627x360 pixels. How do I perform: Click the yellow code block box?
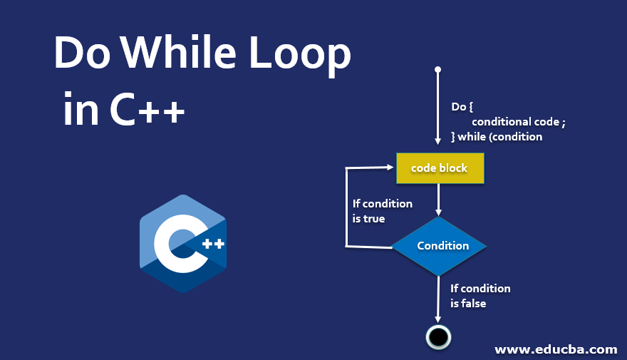click(440, 168)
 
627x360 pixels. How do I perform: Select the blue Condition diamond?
click(440, 245)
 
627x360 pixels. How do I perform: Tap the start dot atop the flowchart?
click(438, 70)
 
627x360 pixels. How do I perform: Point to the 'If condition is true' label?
click(382, 211)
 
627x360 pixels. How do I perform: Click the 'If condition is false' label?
click(480, 295)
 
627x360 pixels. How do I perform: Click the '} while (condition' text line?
click(497, 136)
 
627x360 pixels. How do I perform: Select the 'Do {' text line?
click(462, 107)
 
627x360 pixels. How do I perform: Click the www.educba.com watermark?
click(556, 349)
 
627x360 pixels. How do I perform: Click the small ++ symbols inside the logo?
click(213, 244)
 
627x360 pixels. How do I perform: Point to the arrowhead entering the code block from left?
click(390, 168)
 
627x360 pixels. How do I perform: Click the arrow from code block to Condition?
click(439, 200)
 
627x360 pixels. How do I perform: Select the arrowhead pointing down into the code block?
click(438, 148)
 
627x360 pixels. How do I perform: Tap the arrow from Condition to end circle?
click(439, 299)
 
